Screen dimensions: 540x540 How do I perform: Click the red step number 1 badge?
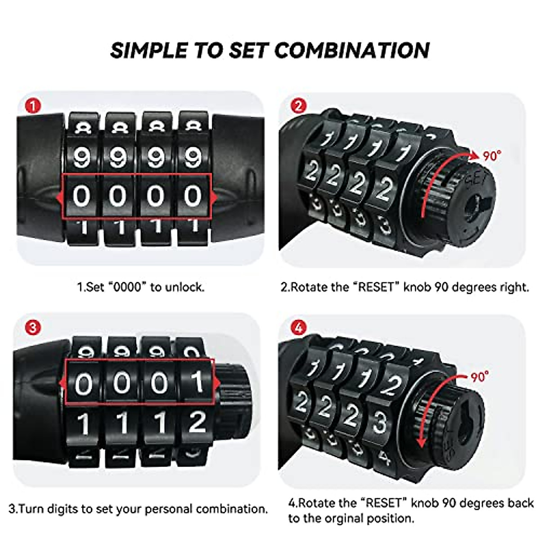(x=33, y=107)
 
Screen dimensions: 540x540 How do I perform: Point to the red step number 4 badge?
(x=298, y=328)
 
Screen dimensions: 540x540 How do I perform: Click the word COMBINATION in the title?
(x=352, y=50)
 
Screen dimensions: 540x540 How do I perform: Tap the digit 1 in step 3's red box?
(x=197, y=383)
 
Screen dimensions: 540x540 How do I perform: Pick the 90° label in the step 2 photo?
(x=492, y=156)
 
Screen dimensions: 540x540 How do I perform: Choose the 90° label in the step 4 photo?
(x=480, y=376)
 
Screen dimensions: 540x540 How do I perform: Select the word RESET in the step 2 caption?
(x=375, y=287)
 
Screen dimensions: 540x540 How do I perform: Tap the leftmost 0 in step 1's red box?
(x=81, y=197)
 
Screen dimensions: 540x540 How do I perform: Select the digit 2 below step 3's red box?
(x=197, y=422)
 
